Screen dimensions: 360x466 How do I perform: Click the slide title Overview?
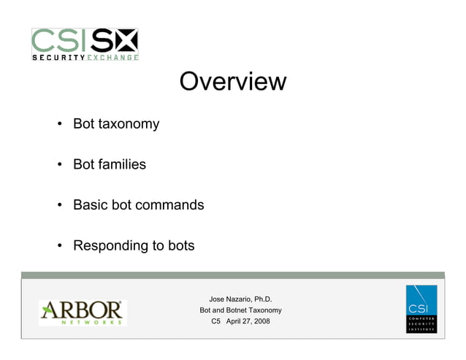[x=232, y=81]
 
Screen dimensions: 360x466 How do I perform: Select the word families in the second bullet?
[x=123, y=164]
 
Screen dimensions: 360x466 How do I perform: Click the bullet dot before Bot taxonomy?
[x=59, y=124]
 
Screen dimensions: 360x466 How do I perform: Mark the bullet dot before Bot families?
[x=59, y=164]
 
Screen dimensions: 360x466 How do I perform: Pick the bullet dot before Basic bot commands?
[x=59, y=205]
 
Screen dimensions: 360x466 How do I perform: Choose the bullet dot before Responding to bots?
[x=59, y=246]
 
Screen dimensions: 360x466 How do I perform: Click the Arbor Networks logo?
[x=83, y=312]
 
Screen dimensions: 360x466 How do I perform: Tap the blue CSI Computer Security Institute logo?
[x=421, y=309]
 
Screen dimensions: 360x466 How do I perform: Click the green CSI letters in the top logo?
[x=61, y=40]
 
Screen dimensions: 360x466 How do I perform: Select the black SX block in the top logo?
[x=114, y=40]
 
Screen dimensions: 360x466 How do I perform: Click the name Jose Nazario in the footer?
[x=229, y=299]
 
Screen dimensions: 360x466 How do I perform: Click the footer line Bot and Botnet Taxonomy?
[x=240, y=310]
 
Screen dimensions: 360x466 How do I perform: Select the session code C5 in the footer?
[x=215, y=321]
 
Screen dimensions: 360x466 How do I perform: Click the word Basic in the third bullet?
[x=89, y=205]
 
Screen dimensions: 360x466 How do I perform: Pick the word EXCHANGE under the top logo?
[x=113, y=57]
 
